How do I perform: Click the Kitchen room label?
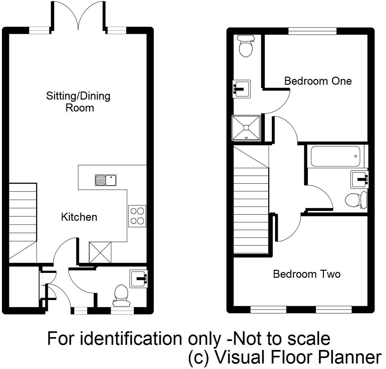(x=79, y=217)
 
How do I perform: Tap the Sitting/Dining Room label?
(x=78, y=102)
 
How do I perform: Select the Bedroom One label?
(x=318, y=81)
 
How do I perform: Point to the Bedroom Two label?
(x=307, y=274)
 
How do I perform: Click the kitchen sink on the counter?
(x=106, y=180)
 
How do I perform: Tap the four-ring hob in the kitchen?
(x=137, y=216)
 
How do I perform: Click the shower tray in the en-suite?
(x=246, y=128)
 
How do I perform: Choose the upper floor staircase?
(x=251, y=200)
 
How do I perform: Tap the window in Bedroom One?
(x=312, y=31)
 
